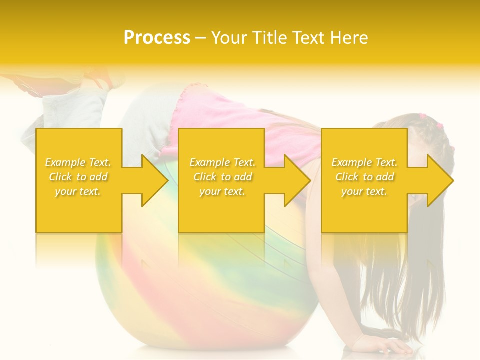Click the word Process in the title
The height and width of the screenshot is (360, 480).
(157, 38)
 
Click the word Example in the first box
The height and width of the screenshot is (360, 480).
(65, 162)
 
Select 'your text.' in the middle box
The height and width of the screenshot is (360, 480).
(222, 191)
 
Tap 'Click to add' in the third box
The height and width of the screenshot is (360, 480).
(364, 177)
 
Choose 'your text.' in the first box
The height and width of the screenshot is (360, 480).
(78, 191)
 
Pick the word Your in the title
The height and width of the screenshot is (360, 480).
(229, 38)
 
